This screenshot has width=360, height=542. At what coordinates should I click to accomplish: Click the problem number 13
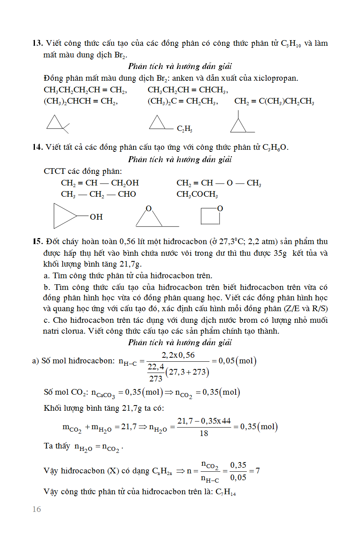tap(37, 43)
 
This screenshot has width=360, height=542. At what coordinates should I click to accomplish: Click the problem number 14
tap(37, 147)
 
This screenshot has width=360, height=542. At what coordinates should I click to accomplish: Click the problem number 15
tap(38, 241)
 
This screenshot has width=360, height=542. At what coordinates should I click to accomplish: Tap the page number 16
tap(37, 509)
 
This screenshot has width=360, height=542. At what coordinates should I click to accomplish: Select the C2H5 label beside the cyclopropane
tap(185, 129)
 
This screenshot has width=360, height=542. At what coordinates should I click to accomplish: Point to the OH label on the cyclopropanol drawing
tap(96, 217)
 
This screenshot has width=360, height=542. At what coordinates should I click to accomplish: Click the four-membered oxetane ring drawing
tap(211, 216)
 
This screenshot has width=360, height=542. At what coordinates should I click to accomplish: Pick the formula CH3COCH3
tap(197, 194)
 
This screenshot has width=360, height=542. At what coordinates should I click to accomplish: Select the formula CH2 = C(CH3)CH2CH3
tap(274, 101)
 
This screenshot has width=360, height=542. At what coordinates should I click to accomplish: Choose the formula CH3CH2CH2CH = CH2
tap(85, 90)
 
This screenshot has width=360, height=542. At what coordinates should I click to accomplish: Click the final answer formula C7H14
tap(226, 492)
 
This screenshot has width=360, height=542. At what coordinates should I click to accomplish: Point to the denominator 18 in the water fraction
tap(204, 433)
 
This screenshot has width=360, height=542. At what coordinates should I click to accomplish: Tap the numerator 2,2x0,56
tap(178, 355)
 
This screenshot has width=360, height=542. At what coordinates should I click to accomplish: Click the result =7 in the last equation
tap(255, 471)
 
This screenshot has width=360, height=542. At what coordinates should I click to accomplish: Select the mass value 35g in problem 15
tap(280, 253)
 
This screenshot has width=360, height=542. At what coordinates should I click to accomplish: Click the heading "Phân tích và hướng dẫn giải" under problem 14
tap(180, 159)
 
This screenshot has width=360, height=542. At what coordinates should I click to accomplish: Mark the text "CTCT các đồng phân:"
tap(83, 171)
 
